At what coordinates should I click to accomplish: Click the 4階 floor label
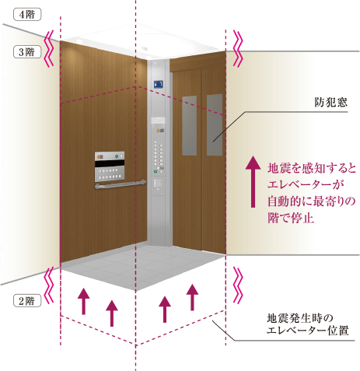(27, 15)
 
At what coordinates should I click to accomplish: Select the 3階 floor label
(27, 52)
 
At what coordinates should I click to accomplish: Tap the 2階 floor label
(27, 301)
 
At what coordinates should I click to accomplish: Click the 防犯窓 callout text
(331, 102)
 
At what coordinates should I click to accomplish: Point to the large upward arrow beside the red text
(253, 181)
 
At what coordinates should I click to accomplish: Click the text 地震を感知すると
(312, 168)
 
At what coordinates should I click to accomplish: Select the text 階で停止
(291, 218)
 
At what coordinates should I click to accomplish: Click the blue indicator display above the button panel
(159, 84)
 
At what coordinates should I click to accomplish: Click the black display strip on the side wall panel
(110, 163)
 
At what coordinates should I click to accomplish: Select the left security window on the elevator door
(189, 126)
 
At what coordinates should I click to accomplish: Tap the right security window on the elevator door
(215, 124)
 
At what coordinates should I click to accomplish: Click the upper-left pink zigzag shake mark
(49, 48)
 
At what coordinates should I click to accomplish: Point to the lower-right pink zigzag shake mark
(238, 285)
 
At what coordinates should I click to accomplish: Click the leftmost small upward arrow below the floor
(84, 301)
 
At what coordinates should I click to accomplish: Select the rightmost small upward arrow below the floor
(192, 297)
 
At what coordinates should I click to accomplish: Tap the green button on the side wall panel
(117, 156)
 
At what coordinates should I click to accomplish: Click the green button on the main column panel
(156, 171)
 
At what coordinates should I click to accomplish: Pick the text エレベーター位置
(307, 331)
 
